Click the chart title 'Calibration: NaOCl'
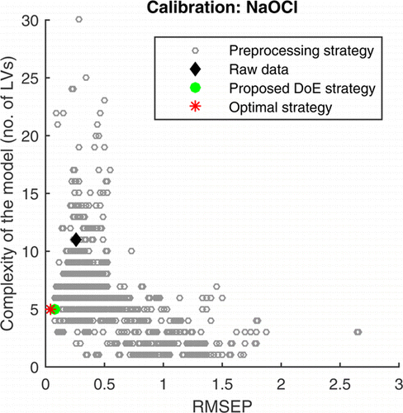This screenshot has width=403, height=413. click(222, 8)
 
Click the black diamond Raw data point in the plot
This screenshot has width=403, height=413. click(76, 240)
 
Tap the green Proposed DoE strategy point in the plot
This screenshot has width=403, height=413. click(55, 309)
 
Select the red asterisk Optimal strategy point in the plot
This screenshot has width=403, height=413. click(50, 309)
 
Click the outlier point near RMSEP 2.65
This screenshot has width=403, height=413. click(358, 332)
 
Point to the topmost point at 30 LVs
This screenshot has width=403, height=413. click(78, 19)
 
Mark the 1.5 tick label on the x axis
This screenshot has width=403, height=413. click(222, 383)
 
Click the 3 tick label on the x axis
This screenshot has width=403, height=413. click(398, 383)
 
